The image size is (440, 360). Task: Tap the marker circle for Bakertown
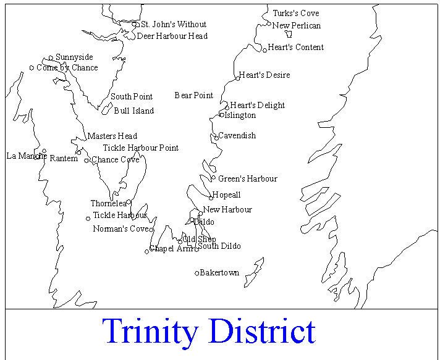(197, 273)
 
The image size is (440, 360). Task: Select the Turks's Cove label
(296, 14)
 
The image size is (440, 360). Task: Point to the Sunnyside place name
(74, 57)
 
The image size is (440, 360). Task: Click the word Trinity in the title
(151, 332)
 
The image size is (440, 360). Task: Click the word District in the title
(261, 332)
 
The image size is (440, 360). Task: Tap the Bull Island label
(134, 111)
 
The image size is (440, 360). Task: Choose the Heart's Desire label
(264, 75)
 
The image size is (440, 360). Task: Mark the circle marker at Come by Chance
(32, 68)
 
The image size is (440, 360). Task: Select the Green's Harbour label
(248, 179)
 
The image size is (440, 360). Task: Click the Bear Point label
(194, 96)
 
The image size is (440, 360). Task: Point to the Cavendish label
(237, 136)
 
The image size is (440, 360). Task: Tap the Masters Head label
(112, 136)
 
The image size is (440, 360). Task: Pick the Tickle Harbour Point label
(141, 148)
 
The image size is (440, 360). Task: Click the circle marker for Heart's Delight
(227, 107)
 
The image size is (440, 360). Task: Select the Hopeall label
(227, 195)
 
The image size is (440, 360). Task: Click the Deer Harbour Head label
(172, 36)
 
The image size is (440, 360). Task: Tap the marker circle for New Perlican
(270, 25)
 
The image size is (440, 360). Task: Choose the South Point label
(132, 97)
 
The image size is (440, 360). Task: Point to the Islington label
(240, 115)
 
